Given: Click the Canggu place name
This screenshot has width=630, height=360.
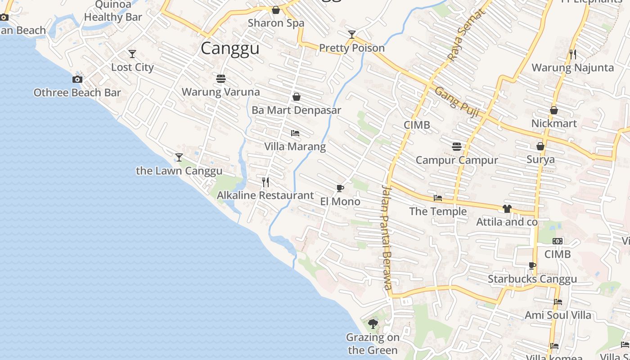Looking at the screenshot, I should click(230, 48).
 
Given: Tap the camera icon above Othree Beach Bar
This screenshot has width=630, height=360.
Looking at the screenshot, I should click(77, 80).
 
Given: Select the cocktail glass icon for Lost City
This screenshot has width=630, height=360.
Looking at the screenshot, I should click(132, 54).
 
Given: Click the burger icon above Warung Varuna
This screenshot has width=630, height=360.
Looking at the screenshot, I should click(220, 79).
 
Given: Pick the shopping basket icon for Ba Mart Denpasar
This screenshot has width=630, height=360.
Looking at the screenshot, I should click(297, 97).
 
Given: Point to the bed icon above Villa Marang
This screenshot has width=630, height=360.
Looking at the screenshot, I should click(295, 133).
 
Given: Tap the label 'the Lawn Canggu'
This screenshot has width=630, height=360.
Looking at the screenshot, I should click(179, 171).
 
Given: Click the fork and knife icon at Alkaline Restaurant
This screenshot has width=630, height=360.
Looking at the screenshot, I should click(265, 182).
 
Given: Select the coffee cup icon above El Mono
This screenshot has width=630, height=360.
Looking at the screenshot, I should click(340, 188).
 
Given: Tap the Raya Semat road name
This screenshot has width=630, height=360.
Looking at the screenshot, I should click(466, 35).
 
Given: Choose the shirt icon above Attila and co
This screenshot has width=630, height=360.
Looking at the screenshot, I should click(507, 209).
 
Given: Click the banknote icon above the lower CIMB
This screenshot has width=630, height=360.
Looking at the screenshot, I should click(558, 241).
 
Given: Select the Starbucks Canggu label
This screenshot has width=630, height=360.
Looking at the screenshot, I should click(532, 279).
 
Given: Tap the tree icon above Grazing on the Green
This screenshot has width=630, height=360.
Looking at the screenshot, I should click(373, 324).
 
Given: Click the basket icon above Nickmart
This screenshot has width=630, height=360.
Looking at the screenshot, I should click(554, 110).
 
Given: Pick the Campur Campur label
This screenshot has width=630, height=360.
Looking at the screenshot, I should click(457, 160).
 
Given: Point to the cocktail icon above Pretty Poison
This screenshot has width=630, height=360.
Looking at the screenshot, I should click(352, 35).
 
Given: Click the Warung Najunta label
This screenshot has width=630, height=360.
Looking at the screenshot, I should click(572, 68).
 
